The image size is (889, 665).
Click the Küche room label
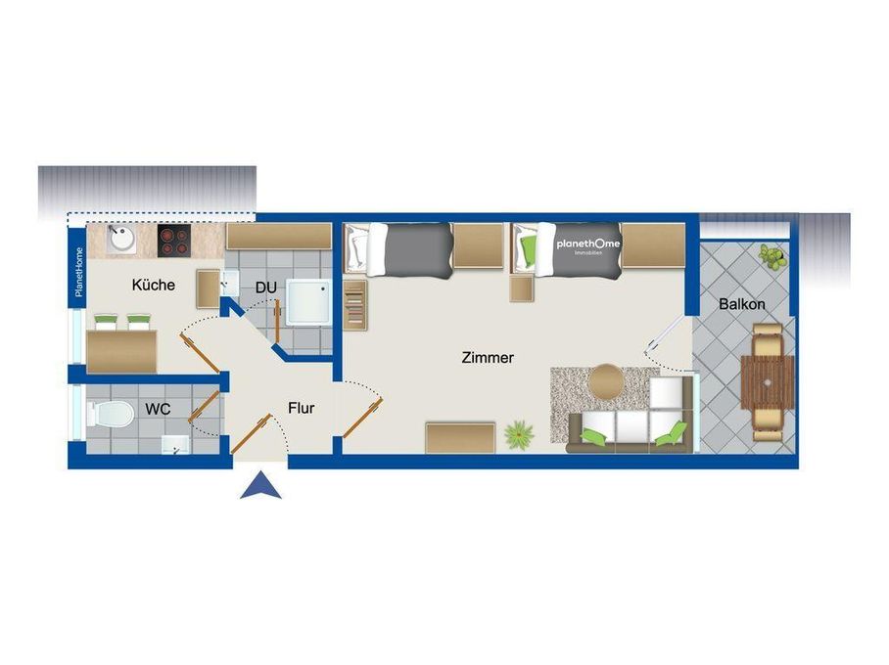click(154, 286)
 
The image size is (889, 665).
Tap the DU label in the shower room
click(265, 288)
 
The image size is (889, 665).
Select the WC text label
click(159, 408)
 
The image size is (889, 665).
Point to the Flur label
click(301, 408)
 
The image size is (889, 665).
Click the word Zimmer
click(488, 358)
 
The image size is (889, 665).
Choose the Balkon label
click(741, 304)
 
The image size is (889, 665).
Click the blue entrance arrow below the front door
click(260, 486)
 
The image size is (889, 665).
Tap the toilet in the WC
click(111, 415)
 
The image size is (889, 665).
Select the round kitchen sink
click(120, 239)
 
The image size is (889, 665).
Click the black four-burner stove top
click(173, 240)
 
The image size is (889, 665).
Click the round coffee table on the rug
click(606, 381)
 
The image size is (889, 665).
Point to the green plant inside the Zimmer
click(518, 433)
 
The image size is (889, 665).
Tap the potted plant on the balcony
click(772, 257)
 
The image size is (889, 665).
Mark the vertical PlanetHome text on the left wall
click(79, 273)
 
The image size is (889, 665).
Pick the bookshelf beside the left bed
click(354, 305)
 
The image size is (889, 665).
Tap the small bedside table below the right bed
click(521, 289)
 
